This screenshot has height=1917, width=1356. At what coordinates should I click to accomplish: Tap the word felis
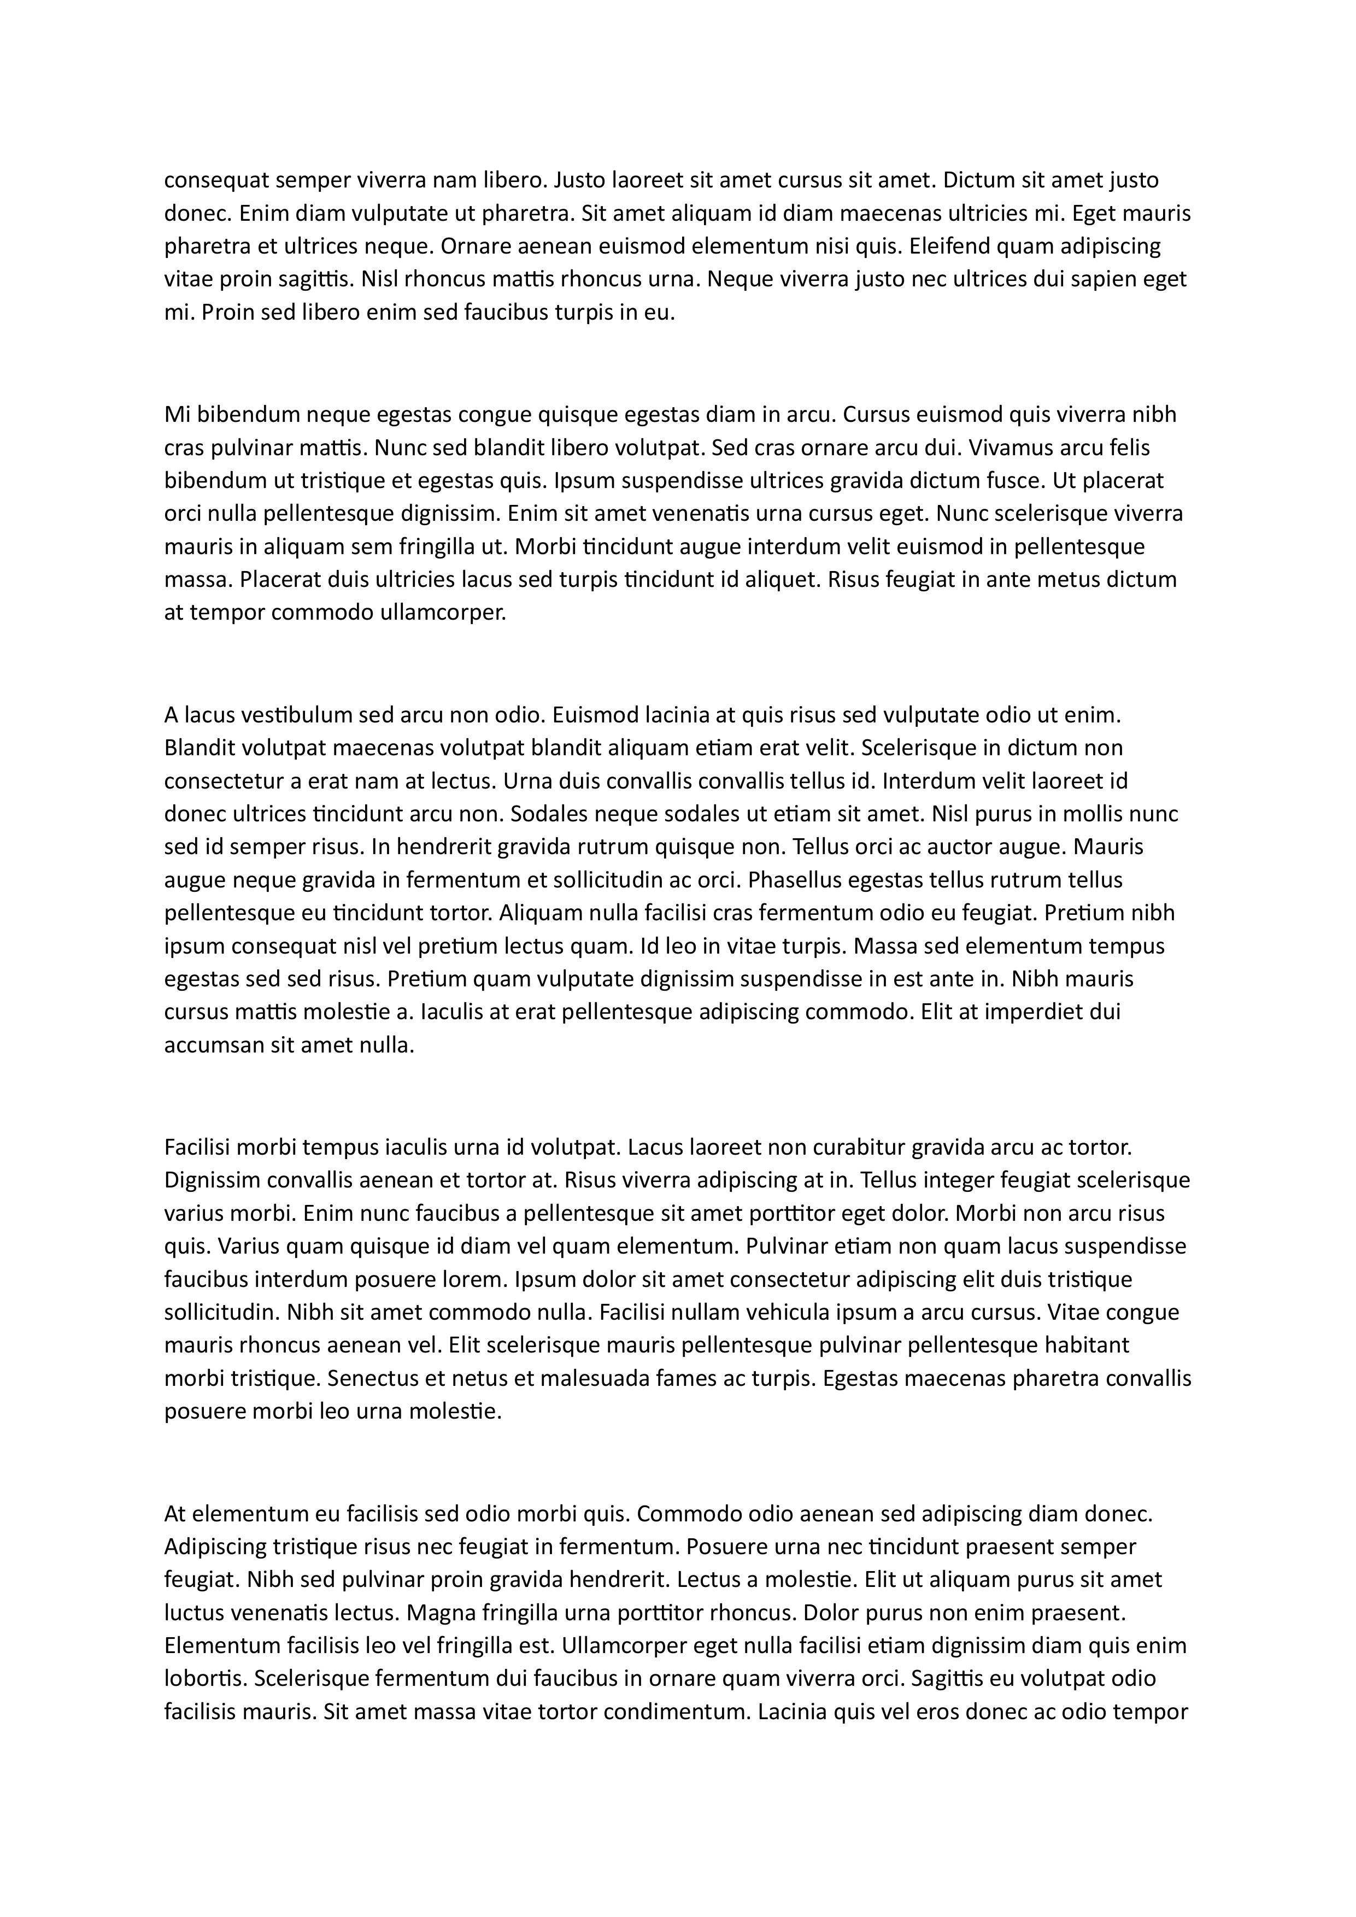pyautogui.click(x=1129, y=448)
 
